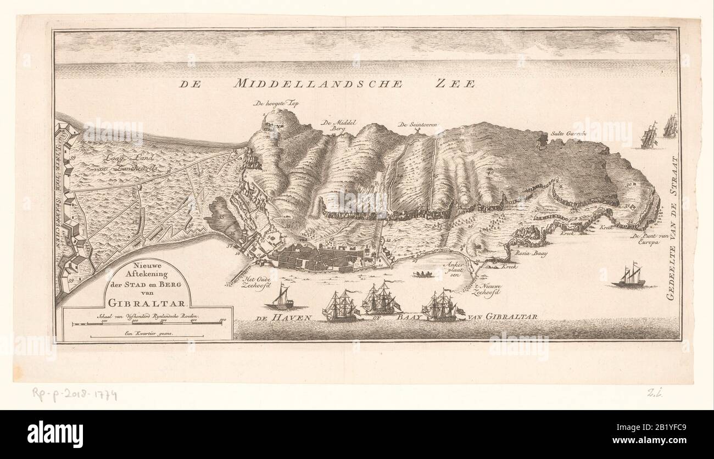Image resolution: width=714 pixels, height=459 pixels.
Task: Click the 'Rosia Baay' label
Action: (527, 254)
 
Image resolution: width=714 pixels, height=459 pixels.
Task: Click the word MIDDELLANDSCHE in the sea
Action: (319, 83)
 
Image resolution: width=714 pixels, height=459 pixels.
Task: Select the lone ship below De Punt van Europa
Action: (628, 277)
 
